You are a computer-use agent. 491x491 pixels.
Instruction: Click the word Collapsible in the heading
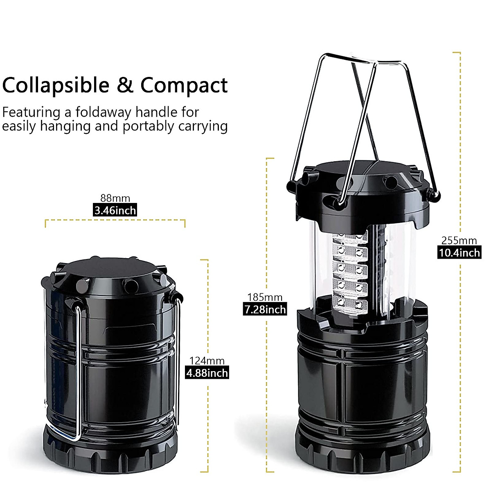click(56, 85)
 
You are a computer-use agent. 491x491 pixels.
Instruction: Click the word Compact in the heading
click(184, 85)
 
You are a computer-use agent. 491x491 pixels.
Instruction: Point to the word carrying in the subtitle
click(203, 126)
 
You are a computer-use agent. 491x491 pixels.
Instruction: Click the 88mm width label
click(115, 198)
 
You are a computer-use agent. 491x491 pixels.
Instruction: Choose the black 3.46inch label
click(115, 211)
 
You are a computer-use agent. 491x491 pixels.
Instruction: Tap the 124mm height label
click(207, 361)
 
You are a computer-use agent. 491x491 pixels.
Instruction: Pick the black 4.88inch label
click(207, 373)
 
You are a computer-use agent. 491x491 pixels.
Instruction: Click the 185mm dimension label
click(265, 297)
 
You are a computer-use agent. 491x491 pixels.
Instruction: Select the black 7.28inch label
click(265, 309)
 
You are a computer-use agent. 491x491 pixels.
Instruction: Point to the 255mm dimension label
click(459, 241)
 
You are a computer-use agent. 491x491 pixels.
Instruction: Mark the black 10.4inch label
click(459, 253)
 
